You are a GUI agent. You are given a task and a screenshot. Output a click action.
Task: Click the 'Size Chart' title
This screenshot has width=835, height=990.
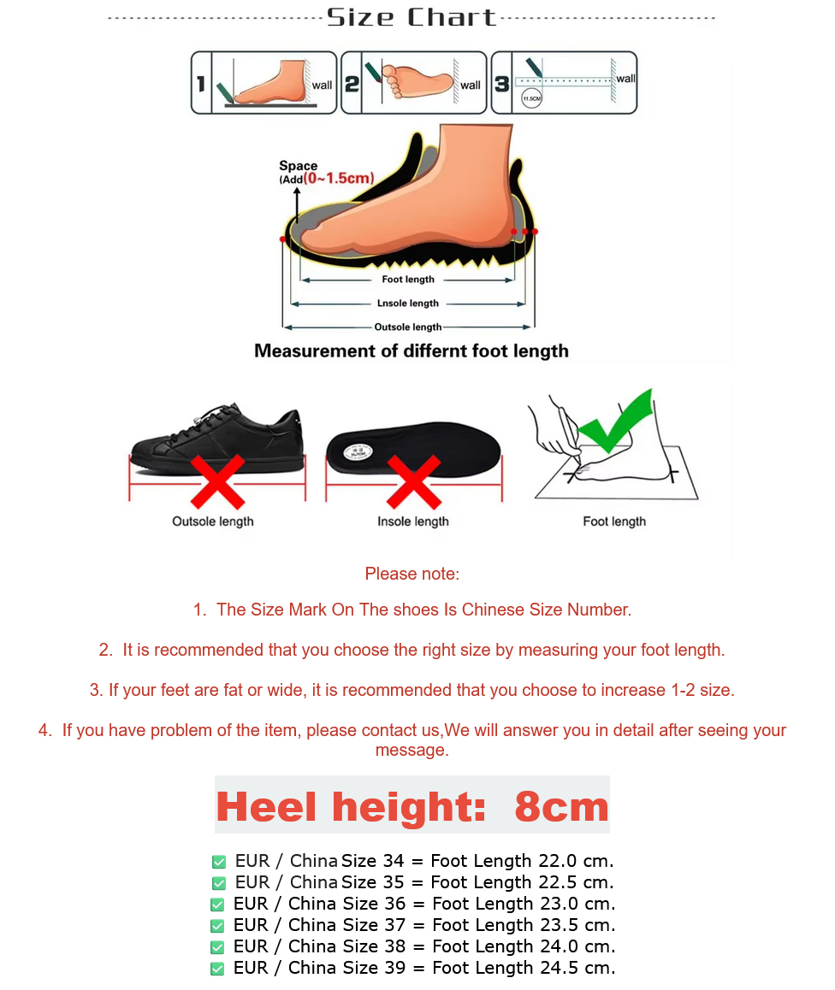click(412, 17)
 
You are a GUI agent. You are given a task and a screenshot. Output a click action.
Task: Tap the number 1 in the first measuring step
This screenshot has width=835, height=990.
click(200, 84)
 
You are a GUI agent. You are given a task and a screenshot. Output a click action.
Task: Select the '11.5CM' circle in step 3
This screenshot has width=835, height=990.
click(531, 98)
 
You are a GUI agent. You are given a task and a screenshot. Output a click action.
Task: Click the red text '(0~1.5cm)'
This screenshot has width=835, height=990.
click(339, 178)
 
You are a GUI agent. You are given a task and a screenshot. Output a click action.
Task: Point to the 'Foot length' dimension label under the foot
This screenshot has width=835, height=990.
click(408, 280)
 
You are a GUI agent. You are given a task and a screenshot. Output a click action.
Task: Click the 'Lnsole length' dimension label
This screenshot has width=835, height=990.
click(408, 303)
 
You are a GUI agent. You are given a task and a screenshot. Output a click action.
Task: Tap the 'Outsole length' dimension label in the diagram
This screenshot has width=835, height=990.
click(408, 327)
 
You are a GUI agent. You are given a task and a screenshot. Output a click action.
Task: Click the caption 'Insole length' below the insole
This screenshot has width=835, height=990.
click(413, 522)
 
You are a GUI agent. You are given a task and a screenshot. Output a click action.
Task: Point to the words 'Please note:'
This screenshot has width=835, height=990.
click(412, 574)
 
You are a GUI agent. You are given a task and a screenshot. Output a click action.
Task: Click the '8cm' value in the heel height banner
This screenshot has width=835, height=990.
click(561, 806)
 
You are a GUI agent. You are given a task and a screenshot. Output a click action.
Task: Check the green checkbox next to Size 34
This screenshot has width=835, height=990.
click(219, 862)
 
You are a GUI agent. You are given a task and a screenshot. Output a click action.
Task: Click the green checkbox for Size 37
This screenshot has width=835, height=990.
click(217, 926)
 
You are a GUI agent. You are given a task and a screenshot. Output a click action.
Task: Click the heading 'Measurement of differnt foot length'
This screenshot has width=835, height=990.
click(412, 351)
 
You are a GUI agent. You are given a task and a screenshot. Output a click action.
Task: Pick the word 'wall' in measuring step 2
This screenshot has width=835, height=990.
click(471, 85)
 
